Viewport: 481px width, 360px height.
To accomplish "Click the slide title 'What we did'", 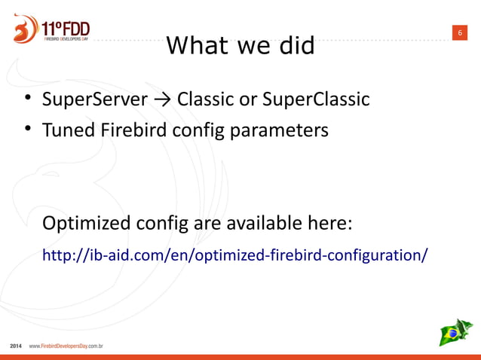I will point(240,46).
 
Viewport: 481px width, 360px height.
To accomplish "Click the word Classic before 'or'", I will point(204,99).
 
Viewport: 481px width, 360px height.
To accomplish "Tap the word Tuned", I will point(66,130).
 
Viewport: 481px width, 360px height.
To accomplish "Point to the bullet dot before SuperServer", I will point(26,99).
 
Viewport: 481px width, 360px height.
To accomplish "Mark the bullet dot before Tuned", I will point(26,130).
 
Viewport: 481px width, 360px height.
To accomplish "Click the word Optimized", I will point(86,224).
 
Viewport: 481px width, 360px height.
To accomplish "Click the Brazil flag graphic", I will point(455,332).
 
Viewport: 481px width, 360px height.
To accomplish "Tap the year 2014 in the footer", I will point(16,346).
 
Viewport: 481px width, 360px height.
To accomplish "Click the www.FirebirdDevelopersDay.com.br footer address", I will point(66,346).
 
